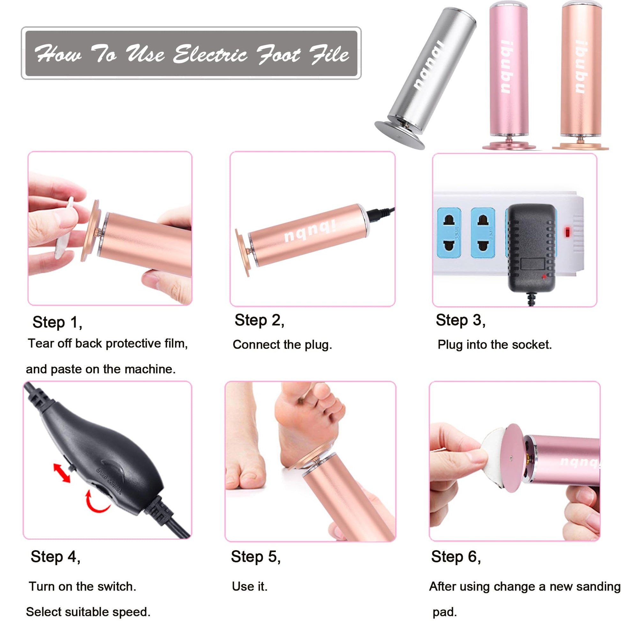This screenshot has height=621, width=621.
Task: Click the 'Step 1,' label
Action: (x=57, y=322)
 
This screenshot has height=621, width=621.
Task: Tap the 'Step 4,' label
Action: (x=56, y=557)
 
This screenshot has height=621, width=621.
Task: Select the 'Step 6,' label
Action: (x=456, y=557)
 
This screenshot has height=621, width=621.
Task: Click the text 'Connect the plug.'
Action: (x=282, y=345)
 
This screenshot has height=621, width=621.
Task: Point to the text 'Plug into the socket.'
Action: (x=495, y=345)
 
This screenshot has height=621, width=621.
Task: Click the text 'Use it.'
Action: (x=250, y=587)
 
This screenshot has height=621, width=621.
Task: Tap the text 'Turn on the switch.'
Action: (x=83, y=587)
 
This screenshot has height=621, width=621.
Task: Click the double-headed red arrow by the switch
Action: (x=62, y=473)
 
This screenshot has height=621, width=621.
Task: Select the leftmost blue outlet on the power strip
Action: (x=449, y=233)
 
